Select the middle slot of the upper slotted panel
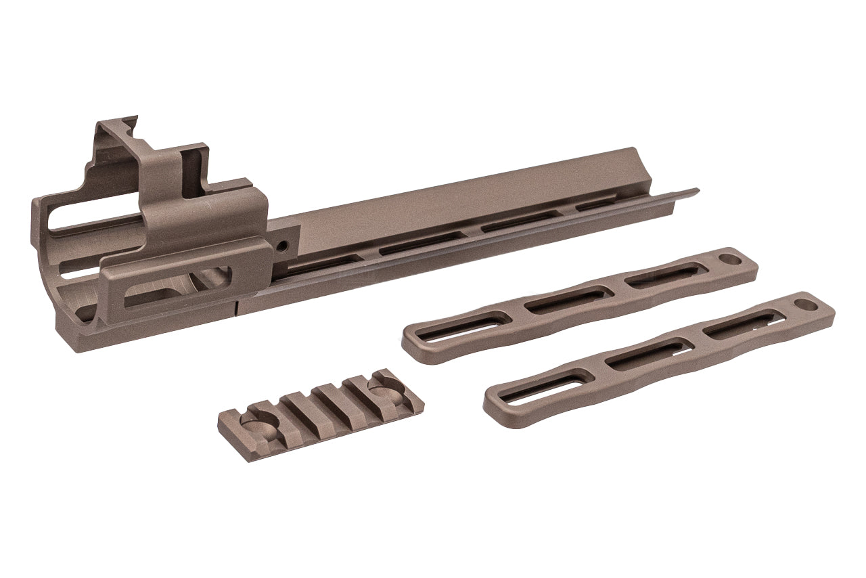point(566,298)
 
